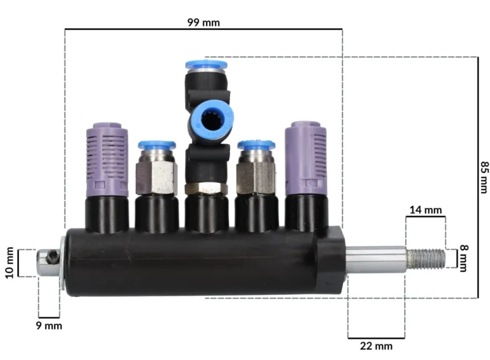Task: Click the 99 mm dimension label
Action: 203,22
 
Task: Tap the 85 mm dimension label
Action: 484,177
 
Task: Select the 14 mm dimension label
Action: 425,210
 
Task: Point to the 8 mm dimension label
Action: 464,258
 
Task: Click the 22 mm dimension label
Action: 376,346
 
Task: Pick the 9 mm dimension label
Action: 49,326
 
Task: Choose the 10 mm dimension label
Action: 9,263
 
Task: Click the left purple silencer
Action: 107,160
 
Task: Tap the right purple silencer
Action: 306,158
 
